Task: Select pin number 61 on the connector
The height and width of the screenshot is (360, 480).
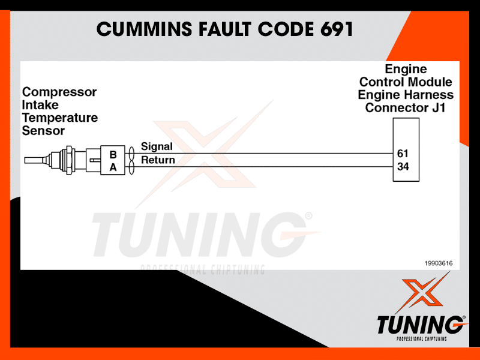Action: [x=403, y=154]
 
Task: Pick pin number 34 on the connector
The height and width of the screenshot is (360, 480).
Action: [x=403, y=167]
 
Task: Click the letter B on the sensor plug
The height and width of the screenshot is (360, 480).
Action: [x=113, y=154]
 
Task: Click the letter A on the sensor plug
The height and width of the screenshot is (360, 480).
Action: [x=113, y=167]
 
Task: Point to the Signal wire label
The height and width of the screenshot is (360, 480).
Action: [x=157, y=146]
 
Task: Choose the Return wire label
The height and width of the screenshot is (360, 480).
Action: [x=158, y=160]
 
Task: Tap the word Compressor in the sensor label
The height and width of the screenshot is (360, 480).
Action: [x=59, y=92]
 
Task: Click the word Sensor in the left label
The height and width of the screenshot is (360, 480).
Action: [x=43, y=131]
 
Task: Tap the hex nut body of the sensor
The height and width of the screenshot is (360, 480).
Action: [x=67, y=160]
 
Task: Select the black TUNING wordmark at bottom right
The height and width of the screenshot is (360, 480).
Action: [x=421, y=325]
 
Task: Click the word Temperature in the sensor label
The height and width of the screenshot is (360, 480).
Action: [x=59, y=118]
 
